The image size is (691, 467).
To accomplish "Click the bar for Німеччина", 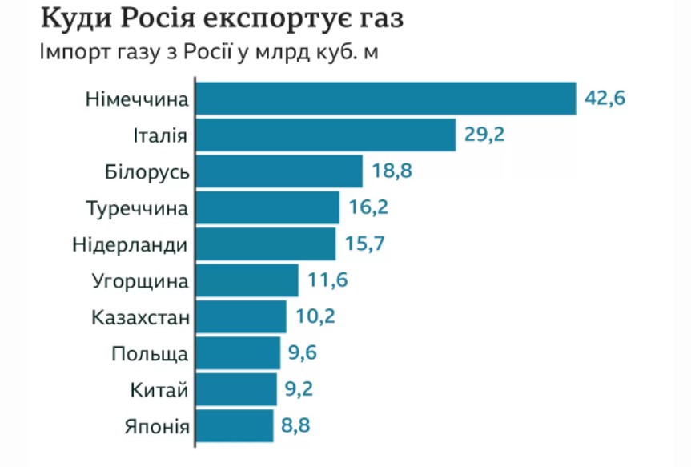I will point(386,99).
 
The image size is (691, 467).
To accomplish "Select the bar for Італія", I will point(326,135).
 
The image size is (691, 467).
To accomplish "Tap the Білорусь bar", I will point(279,171).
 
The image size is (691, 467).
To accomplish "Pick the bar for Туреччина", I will point(267,207).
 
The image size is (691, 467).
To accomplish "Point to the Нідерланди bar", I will point(266,244).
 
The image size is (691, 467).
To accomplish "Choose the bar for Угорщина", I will point(247,280).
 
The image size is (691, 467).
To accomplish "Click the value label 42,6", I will point(605,99).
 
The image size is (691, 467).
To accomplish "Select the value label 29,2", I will point(484,135).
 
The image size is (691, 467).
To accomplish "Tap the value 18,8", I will point(392,171).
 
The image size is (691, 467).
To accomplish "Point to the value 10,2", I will point(315,316).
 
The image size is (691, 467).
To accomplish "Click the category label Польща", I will point(150,353).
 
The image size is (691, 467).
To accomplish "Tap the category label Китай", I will point(159,390).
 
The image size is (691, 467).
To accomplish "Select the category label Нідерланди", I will point(130,244).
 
